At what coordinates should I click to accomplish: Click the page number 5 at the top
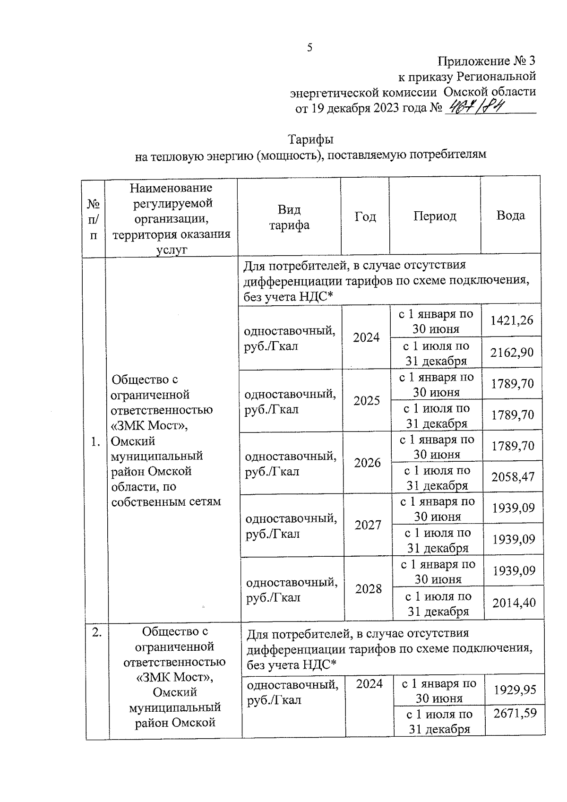(x=310, y=47)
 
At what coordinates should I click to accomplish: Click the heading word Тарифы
(x=310, y=140)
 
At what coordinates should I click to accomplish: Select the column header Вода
(x=510, y=216)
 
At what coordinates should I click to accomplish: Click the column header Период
(x=435, y=216)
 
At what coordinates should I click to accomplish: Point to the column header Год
(x=365, y=216)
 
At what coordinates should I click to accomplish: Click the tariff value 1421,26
(x=512, y=320)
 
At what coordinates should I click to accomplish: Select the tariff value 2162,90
(x=512, y=352)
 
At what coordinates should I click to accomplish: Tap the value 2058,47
(x=513, y=477)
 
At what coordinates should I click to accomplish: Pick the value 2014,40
(x=514, y=603)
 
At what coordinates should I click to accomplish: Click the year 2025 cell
(x=367, y=401)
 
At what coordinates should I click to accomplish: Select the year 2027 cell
(x=368, y=525)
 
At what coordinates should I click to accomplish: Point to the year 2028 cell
(x=369, y=589)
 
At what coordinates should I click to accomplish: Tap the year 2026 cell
(x=368, y=463)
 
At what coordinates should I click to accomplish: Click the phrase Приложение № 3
(x=487, y=61)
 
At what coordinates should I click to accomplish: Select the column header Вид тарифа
(x=289, y=217)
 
